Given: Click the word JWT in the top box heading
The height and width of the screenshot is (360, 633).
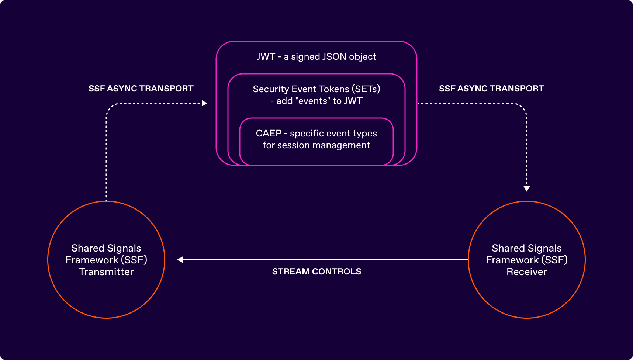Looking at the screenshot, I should pyautogui.click(x=266, y=57).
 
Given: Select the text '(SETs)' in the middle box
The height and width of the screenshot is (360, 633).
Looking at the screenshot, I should pyautogui.click(x=366, y=89).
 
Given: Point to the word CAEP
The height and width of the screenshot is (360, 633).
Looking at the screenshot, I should pyautogui.click(x=269, y=134).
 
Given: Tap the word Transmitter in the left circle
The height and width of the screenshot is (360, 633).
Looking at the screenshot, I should pyautogui.click(x=106, y=272).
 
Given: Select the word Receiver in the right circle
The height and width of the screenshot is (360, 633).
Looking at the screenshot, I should pyautogui.click(x=526, y=272).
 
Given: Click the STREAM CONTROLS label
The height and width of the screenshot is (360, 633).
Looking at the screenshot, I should pyautogui.click(x=316, y=271).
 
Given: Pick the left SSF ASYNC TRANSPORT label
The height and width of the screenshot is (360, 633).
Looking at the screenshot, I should pyautogui.click(x=141, y=89).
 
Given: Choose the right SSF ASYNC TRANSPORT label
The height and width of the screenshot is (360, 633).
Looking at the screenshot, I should pyautogui.click(x=491, y=89).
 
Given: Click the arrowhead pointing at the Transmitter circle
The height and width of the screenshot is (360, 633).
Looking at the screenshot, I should pyautogui.click(x=180, y=260).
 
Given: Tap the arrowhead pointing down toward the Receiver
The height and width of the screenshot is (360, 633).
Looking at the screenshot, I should pyautogui.click(x=527, y=189).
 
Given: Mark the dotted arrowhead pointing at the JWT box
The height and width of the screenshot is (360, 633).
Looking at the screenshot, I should pyautogui.click(x=204, y=103).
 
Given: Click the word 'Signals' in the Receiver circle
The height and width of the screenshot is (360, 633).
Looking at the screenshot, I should pyautogui.click(x=544, y=248).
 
